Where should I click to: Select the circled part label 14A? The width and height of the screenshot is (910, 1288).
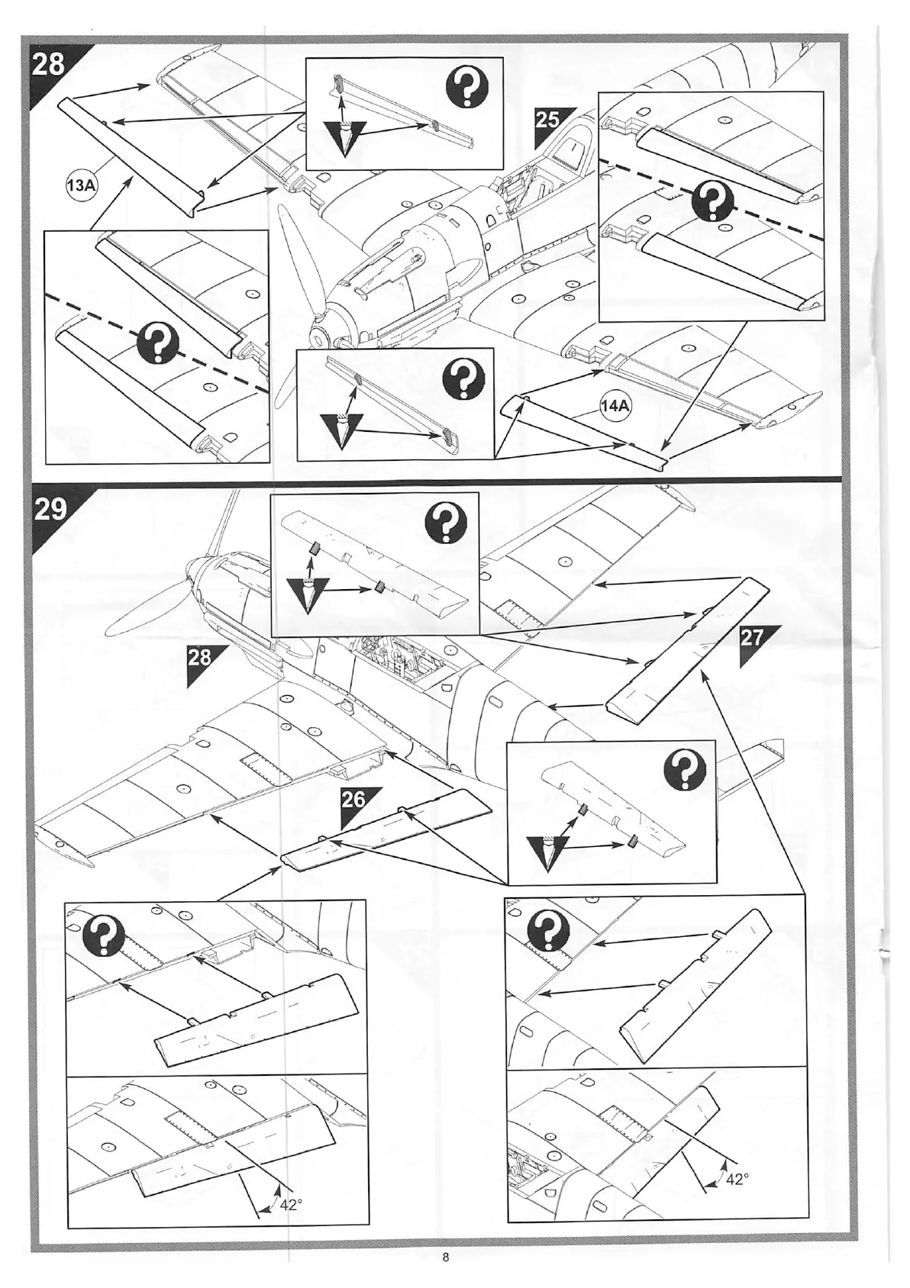615,406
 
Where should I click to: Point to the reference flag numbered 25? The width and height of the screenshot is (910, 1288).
548,121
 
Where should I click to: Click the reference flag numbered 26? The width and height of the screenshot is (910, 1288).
353,800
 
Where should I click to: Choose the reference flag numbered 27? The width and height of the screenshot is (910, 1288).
752,637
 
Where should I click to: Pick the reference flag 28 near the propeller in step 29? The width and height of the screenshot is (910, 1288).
200,656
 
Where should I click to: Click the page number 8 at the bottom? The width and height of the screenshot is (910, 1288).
446,1258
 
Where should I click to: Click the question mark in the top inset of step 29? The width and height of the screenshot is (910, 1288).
447,524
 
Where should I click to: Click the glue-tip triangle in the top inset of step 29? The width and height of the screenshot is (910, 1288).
308,594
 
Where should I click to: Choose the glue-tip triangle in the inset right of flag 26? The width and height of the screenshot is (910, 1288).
547,852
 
